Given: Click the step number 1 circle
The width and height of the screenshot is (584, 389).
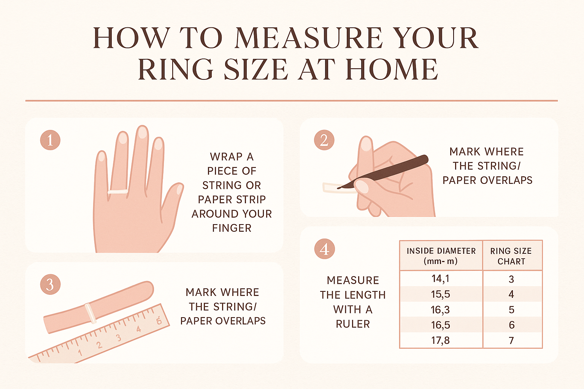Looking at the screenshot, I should [50, 140].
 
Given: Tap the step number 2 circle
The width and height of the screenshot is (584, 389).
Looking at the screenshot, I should [324, 140].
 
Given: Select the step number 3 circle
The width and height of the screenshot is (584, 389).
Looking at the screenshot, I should [50, 285].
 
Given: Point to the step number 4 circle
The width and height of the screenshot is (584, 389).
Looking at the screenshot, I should [324, 249].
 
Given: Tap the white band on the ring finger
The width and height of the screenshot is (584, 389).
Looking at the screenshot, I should [118, 191].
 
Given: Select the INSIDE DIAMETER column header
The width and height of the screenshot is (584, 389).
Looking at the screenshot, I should [441, 256].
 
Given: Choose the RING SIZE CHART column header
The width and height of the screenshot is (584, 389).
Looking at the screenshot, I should [511, 256].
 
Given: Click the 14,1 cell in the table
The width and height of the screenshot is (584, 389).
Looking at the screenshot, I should [440, 279].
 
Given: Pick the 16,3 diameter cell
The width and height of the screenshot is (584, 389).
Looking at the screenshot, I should [440, 310].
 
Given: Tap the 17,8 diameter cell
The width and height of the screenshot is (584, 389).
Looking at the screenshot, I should [440, 340].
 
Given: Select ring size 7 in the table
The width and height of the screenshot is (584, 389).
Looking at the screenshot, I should [511, 341].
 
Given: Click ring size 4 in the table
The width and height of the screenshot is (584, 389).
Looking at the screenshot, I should [511, 294].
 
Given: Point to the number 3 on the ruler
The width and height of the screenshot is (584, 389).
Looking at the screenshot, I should [119, 338].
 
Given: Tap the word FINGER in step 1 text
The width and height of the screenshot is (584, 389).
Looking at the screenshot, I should [232, 228].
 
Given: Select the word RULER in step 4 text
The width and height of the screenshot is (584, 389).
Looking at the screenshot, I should [353, 324].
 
